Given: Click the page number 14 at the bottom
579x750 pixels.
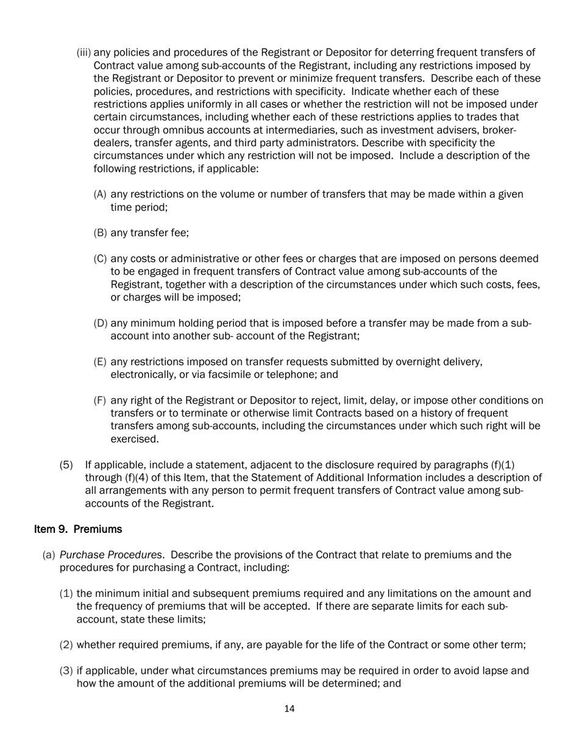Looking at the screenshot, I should click(x=289, y=709).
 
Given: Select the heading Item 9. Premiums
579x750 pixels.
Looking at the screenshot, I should click(x=78, y=529).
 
